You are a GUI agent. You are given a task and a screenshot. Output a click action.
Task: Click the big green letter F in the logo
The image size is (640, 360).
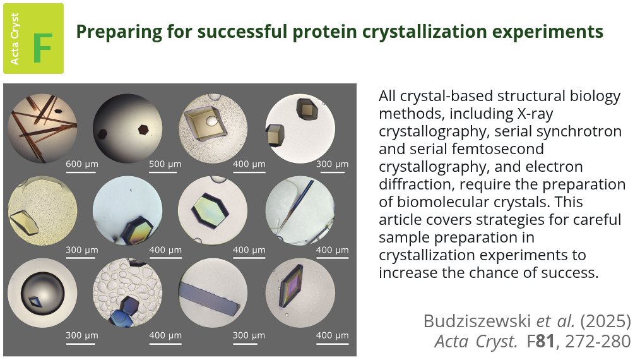(42, 47)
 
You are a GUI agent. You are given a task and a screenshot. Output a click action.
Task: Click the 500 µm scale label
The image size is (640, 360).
(165, 165)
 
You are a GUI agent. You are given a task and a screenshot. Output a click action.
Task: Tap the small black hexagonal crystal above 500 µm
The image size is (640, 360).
(145, 129)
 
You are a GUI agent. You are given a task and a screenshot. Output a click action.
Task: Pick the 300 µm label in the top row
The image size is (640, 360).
(332, 165)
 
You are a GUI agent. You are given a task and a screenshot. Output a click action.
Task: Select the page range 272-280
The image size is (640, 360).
(598, 342)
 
